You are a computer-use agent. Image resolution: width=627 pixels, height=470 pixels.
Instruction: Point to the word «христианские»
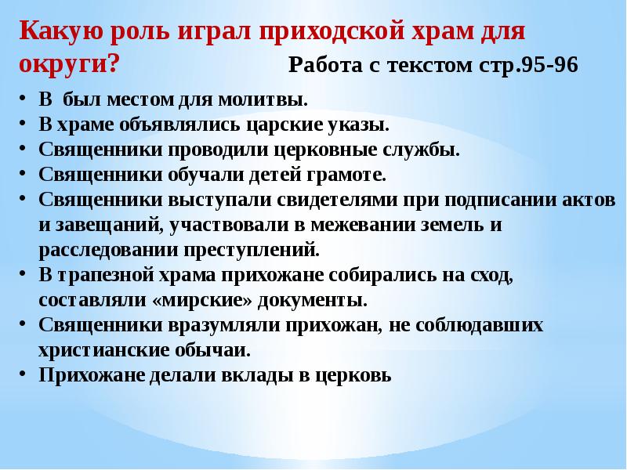point(112,349)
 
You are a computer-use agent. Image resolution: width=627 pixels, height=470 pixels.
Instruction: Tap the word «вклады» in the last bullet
point(242,374)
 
